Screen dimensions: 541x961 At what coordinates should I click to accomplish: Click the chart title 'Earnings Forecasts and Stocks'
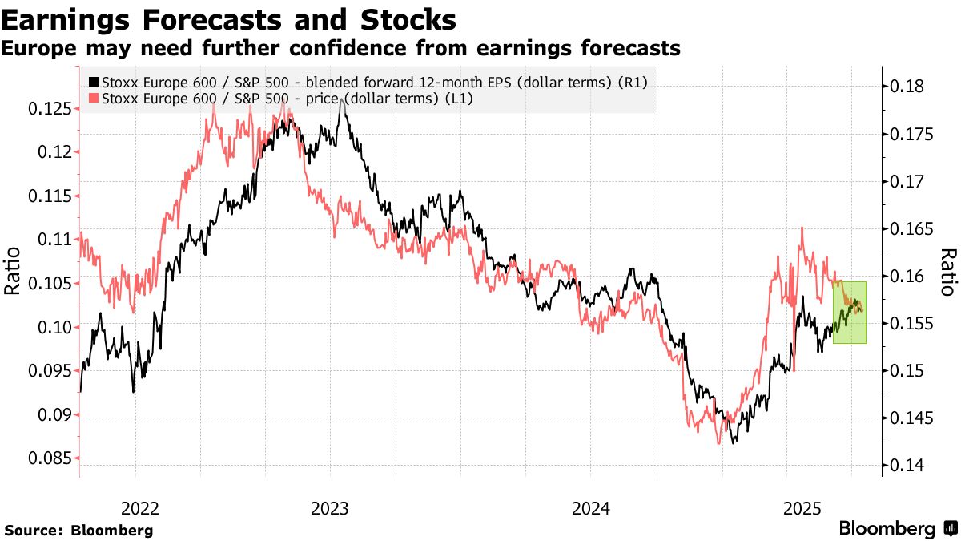230,18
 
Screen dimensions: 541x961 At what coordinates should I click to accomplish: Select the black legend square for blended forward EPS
94,82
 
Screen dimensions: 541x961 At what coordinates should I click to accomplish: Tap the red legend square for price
94,99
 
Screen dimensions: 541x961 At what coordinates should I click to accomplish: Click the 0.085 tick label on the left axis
48,459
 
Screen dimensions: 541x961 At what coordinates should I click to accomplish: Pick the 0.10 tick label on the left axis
53,328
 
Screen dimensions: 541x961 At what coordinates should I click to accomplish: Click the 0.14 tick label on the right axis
910,466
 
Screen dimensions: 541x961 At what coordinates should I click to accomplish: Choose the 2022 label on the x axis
139,508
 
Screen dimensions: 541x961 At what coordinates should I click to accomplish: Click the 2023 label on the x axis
329,508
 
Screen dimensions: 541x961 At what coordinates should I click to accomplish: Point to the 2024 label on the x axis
590,508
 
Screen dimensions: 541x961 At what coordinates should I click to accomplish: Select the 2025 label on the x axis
802,508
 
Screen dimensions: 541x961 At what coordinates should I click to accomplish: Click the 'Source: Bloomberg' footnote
78,531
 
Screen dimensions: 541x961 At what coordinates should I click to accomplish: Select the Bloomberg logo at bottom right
898,529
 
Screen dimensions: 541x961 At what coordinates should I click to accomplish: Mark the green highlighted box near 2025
850,313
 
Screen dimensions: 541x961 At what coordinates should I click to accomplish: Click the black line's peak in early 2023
343,99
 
